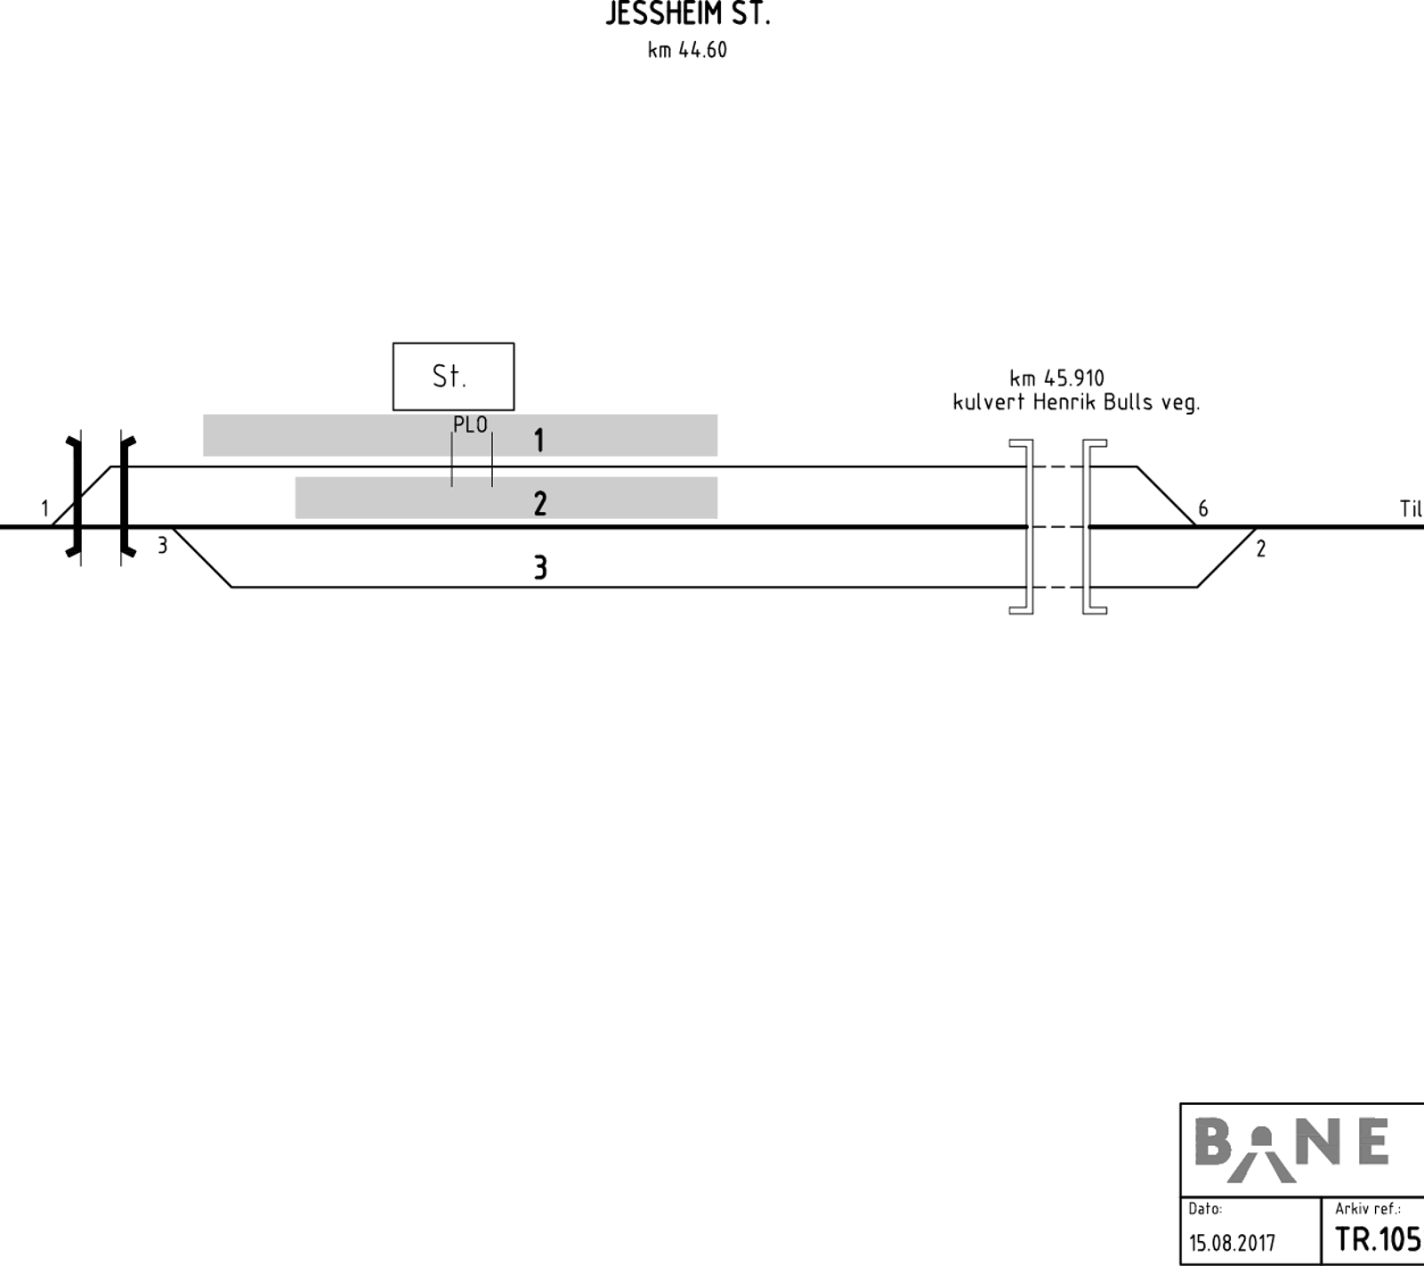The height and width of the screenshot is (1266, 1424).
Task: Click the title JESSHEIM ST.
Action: [687, 14]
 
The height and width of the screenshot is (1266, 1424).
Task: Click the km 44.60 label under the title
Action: [687, 50]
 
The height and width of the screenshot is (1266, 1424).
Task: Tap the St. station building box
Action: [453, 377]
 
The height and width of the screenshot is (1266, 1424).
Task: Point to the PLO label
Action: [470, 425]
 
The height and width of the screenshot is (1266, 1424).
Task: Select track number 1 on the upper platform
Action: [538, 440]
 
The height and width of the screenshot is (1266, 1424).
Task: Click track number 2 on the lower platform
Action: [540, 504]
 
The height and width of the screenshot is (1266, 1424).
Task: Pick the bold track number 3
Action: [540, 567]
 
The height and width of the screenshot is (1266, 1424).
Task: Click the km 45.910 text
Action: [1056, 378]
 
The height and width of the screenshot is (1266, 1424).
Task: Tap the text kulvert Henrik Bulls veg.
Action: [1076, 402]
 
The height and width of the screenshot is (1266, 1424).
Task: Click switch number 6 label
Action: [1203, 508]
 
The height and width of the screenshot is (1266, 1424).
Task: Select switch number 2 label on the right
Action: [1260, 548]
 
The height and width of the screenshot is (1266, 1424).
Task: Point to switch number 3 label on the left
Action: [162, 545]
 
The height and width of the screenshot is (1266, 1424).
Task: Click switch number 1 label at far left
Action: [44, 508]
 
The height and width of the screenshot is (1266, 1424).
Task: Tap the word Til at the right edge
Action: [1412, 508]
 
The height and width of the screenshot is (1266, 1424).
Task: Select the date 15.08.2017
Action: [1232, 1242]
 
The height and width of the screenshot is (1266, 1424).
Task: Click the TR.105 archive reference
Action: [1378, 1238]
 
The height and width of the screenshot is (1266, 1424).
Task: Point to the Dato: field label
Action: [1205, 1209]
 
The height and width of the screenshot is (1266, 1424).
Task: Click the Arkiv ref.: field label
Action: [1368, 1209]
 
